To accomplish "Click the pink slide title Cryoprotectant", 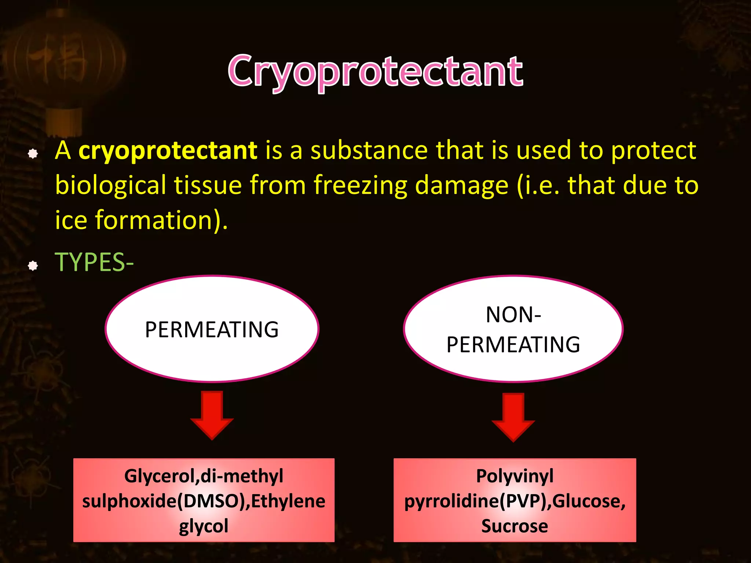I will pyautogui.click(x=375, y=71).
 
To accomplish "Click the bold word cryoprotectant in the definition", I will pyautogui.click(x=168, y=151).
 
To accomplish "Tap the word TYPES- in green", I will pyautogui.click(x=94, y=262).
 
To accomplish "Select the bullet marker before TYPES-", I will pyautogui.click(x=33, y=265).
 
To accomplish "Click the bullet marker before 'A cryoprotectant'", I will pyautogui.click(x=33, y=154).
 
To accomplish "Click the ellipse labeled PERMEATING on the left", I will pyautogui.click(x=212, y=329).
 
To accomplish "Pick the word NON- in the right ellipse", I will pyautogui.click(x=513, y=315).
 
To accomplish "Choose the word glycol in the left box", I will pyautogui.click(x=204, y=526).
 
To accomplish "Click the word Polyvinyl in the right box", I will pyautogui.click(x=514, y=476).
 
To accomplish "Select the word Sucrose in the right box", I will pyautogui.click(x=514, y=526).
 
